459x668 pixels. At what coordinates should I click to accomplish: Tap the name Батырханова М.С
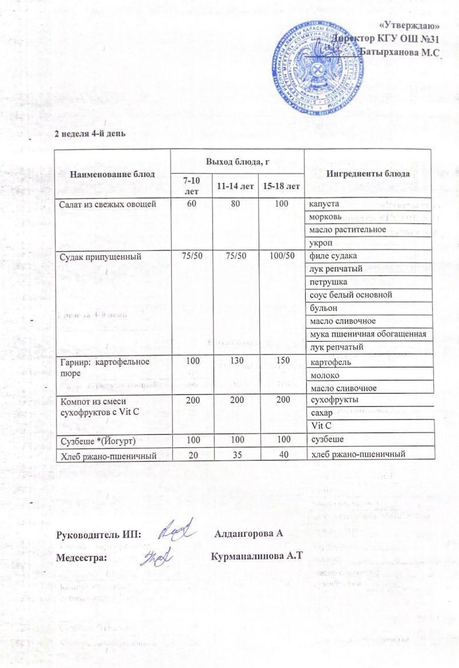[399, 52]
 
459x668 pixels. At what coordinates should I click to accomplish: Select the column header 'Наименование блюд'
[112, 174]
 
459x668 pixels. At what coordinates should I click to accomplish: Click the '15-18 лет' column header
[280, 186]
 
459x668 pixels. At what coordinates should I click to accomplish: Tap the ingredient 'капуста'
[324, 204]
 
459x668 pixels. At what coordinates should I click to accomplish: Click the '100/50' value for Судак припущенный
[281, 255]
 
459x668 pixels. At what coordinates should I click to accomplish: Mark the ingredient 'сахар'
[320, 413]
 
